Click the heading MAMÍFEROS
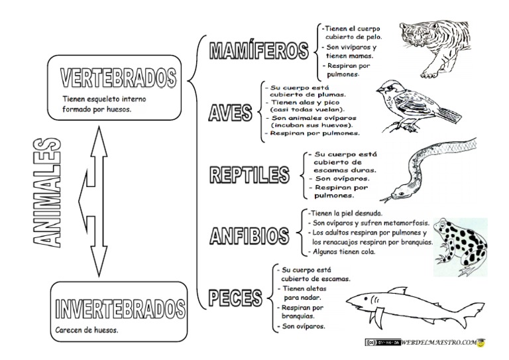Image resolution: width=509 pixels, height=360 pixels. click(259, 51)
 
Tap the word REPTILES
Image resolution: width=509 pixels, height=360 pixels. click(251, 175)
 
